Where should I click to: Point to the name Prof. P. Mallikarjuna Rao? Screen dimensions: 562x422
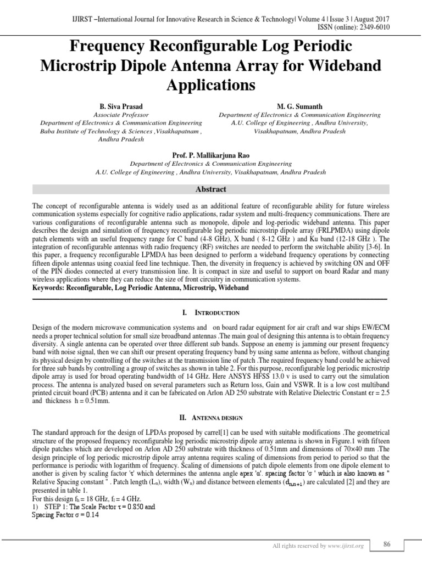[x=210, y=155]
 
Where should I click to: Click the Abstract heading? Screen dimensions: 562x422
[x=211, y=189]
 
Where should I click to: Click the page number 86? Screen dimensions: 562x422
[x=387, y=544]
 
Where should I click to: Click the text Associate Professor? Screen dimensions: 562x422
[x=121, y=115]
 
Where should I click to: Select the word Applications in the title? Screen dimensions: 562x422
[x=210, y=86]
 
